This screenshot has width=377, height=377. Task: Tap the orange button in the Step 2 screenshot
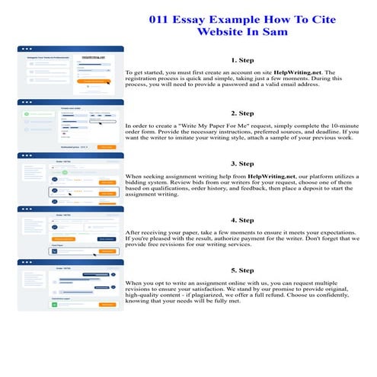[107, 145]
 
